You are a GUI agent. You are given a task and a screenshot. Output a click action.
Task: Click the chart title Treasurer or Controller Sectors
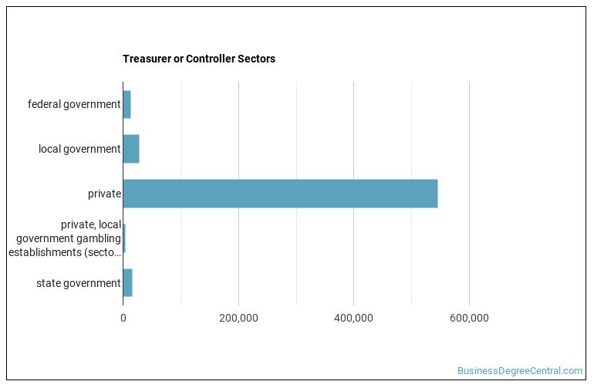point(198,59)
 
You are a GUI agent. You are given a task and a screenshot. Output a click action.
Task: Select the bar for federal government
point(127,104)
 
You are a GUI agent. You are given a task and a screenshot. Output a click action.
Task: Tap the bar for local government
point(131,149)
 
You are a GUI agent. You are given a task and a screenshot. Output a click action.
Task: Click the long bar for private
point(280,194)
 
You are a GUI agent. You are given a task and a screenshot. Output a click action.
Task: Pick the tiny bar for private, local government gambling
point(124,238)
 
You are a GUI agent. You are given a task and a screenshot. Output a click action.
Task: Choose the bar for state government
point(128,283)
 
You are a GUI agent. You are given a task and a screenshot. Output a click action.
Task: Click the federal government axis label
point(74,104)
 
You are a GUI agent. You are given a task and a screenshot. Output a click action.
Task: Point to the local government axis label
point(79,149)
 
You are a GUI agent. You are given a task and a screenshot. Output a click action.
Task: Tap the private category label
point(104,194)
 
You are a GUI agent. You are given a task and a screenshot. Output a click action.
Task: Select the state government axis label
point(78,283)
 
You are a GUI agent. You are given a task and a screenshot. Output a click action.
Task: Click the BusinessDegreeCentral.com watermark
point(520,371)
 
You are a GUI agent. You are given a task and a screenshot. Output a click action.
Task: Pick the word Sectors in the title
point(256,59)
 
